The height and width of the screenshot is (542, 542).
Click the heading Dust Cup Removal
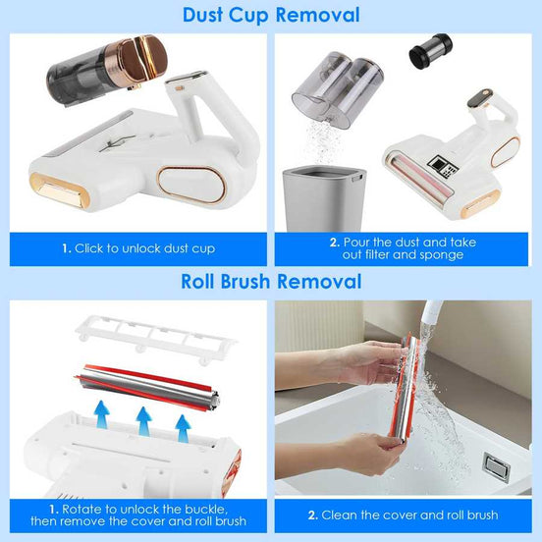point(270,15)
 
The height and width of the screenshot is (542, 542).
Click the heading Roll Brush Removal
point(270,282)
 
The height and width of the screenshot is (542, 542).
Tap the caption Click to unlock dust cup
point(137,248)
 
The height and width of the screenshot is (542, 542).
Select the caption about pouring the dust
point(406,248)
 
